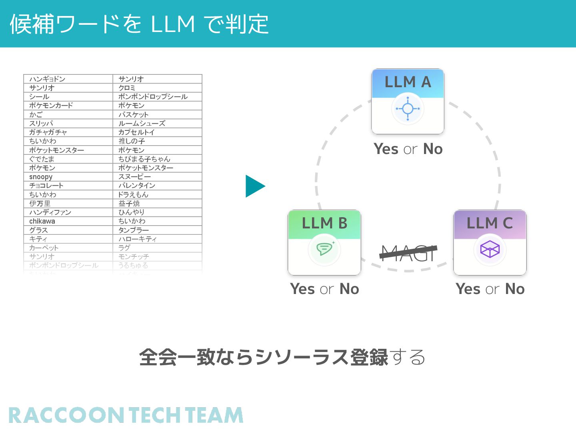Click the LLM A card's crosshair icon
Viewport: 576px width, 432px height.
tap(408, 109)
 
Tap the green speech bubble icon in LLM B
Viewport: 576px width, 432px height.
tap(324, 249)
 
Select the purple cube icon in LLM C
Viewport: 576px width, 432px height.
tap(490, 250)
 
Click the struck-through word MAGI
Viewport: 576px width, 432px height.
tap(408, 253)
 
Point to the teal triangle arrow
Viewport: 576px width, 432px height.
tap(254, 186)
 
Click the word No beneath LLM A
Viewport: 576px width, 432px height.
tap(433, 149)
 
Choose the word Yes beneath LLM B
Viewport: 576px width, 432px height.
tap(303, 289)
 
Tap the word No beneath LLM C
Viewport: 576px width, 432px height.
tap(515, 289)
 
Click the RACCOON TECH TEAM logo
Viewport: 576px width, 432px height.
tap(126, 415)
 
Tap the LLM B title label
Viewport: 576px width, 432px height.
tap(324, 223)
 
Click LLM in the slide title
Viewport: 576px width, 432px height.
tap(173, 24)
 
